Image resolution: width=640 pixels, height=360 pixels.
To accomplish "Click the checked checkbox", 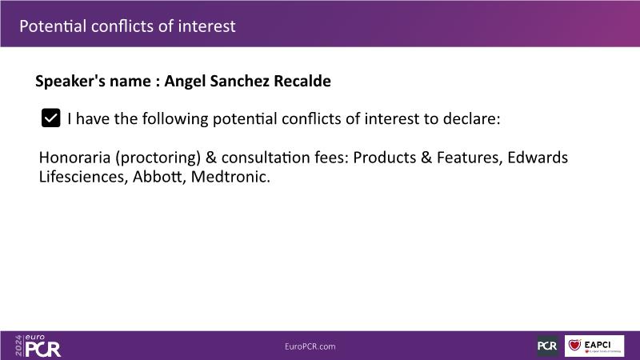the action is coord(51,118).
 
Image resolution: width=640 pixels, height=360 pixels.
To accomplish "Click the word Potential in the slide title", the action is coord(53,26).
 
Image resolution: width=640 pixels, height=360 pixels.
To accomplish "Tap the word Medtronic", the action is coord(230,177).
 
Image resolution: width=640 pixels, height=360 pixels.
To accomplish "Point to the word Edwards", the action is coord(538,157).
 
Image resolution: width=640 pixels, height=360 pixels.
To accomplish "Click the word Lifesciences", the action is coord(84,177).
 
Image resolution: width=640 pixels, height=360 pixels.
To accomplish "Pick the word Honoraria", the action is coord(74,157).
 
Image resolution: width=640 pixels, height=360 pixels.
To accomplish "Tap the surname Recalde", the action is coord(302,81).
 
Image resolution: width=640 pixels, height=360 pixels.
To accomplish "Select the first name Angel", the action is coord(185,82).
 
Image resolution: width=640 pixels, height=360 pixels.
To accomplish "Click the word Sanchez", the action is coord(239,81).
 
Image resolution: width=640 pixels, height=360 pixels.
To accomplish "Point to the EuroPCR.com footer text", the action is coord(310,346).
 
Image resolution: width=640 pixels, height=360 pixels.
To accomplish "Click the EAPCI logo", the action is coord(594,346).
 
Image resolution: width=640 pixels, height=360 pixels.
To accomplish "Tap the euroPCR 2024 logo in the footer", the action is coord(38,346).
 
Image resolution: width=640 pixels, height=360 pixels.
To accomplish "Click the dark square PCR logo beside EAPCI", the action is coord(548,346).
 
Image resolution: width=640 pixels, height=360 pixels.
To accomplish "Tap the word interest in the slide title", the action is coord(206,26).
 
